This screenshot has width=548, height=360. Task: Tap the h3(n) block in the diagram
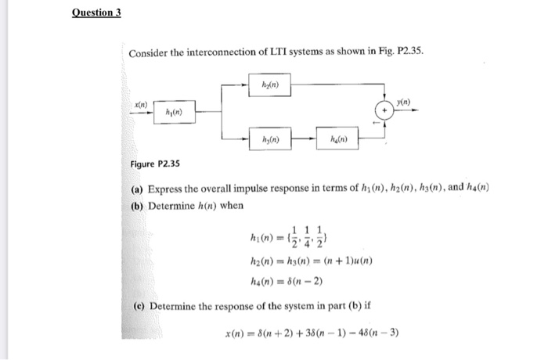(x=270, y=141)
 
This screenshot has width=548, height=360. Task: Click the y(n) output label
(x=402, y=102)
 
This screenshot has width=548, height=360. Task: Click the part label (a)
(x=137, y=189)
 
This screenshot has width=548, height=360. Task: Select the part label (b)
(x=137, y=205)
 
